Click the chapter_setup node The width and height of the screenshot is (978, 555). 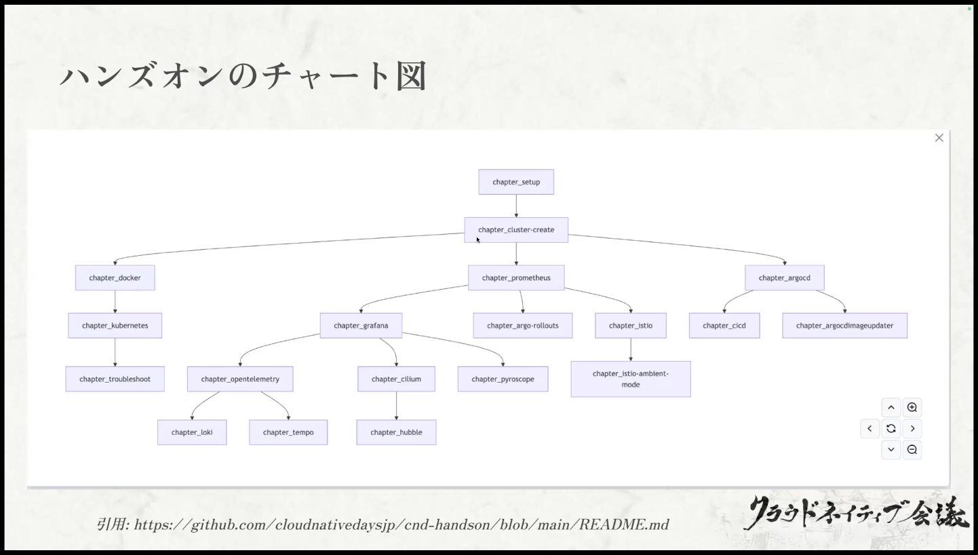coord(516,182)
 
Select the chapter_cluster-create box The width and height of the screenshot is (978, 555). coord(516,229)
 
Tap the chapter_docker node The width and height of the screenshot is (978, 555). coord(115,277)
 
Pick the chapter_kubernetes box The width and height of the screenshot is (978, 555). coord(115,325)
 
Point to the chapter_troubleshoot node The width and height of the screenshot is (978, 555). coord(115,379)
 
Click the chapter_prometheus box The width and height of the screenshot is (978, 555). coord(516,277)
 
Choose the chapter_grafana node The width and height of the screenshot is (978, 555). coord(361,325)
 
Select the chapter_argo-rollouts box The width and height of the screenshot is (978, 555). coord(522,325)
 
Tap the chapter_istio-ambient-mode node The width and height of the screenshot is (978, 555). coord(630,379)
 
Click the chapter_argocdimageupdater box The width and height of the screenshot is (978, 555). coord(844,325)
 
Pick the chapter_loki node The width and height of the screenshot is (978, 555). coord(192,432)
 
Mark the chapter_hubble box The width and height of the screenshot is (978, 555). coord(396,432)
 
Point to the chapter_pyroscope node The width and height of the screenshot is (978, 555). coord(503,379)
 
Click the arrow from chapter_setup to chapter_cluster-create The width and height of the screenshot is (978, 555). coord(516,206)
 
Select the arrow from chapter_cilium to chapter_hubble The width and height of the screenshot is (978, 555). coord(396,406)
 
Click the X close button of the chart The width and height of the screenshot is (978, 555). coord(939,138)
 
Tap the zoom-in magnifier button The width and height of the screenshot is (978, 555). coord(912,408)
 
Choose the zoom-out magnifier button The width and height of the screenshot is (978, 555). coord(912,449)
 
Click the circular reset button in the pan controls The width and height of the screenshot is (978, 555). coord(891,428)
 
